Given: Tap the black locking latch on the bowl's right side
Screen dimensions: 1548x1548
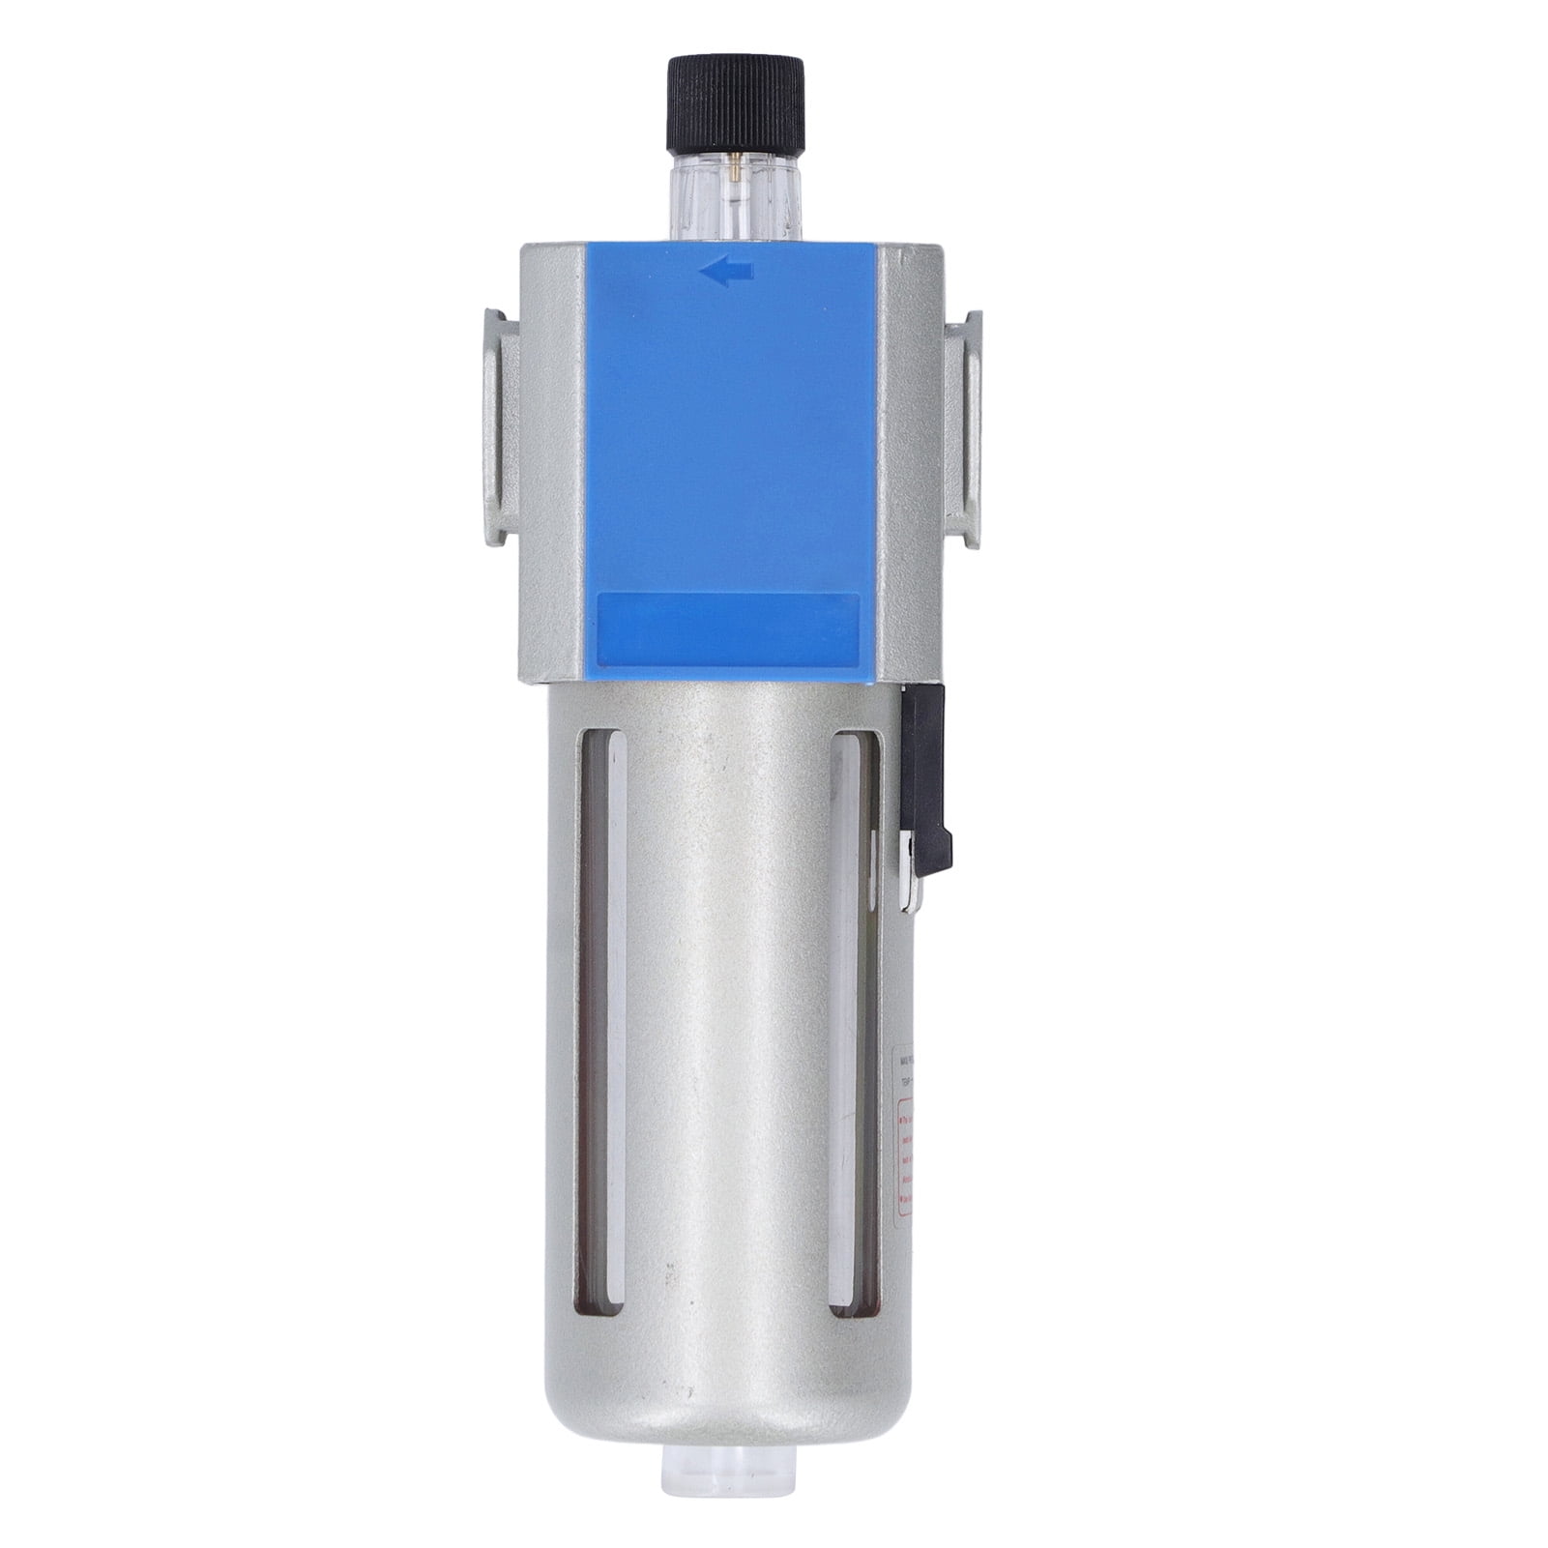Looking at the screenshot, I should tap(926, 774).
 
